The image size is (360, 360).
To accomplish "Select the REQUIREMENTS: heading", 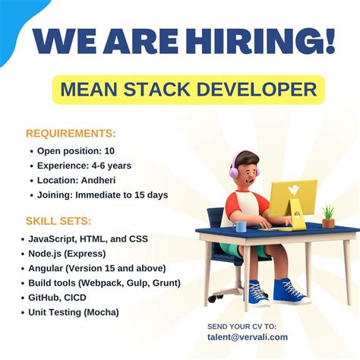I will coord(71,133).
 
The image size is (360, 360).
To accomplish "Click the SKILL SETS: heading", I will coord(58,221).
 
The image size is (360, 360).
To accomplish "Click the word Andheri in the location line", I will coord(106,180).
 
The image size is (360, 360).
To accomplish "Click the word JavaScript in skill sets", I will coord(55,238).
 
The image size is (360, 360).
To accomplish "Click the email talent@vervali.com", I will coord(247,337).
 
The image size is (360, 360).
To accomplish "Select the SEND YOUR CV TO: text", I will coord(242,326).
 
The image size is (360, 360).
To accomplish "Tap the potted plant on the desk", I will coord(328,216).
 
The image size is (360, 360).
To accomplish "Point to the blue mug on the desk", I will coord(241,226).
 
